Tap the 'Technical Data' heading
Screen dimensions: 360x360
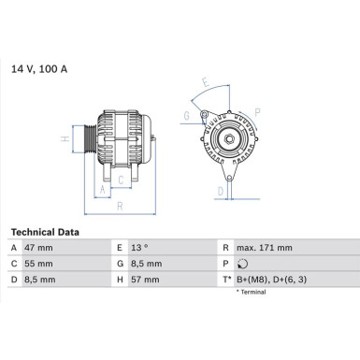point(45,231)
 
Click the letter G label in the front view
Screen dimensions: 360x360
point(187,116)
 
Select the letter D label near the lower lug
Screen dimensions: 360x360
point(220,191)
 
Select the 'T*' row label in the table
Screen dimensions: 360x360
point(224,278)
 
